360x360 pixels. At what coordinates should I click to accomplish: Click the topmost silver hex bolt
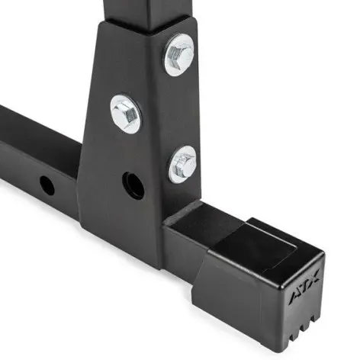[x=179, y=54]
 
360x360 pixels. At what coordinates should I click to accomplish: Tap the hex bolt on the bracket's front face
[x=126, y=113]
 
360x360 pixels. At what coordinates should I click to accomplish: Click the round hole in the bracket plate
[x=133, y=185]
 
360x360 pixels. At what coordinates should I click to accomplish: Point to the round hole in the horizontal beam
[x=47, y=184]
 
